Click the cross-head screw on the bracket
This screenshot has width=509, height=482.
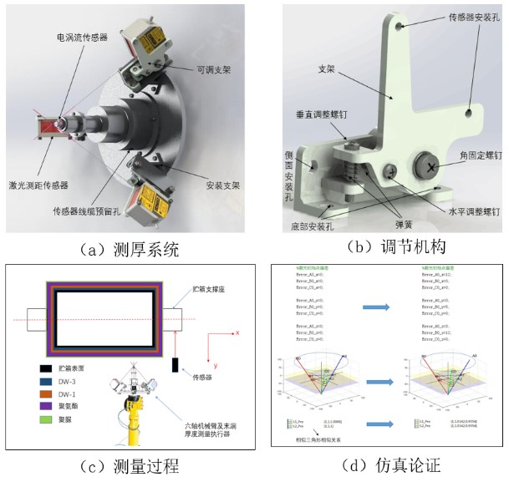tap(431, 165)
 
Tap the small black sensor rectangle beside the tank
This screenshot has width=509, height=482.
tap(178, 365)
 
